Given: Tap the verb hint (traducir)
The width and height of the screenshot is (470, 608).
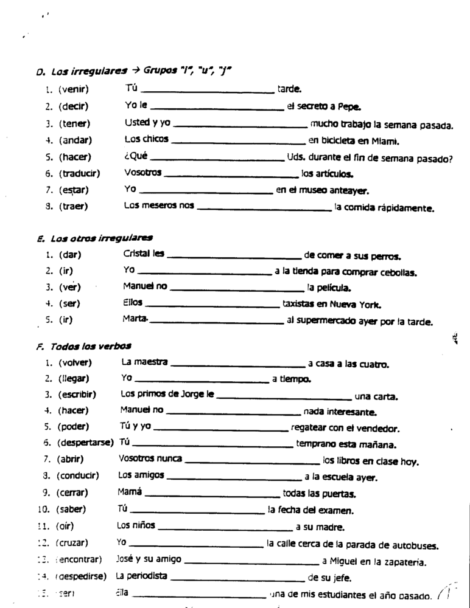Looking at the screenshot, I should point(79,173).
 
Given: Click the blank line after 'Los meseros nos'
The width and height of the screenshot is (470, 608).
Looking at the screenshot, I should point(264,210).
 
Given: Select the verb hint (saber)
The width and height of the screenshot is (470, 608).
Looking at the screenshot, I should point(71,510).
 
